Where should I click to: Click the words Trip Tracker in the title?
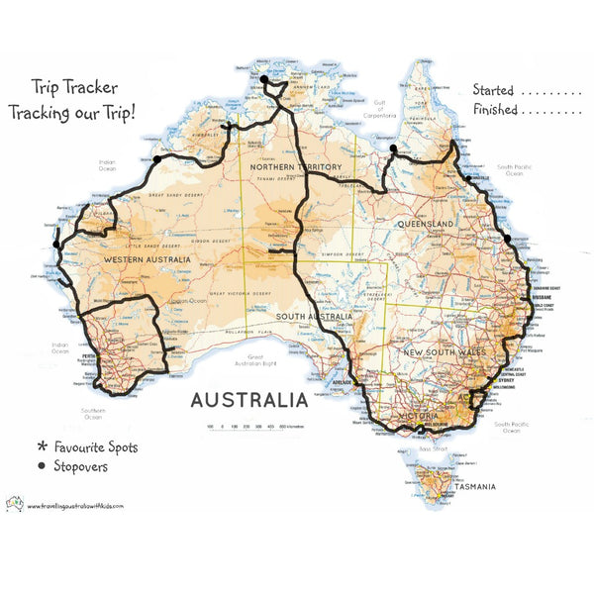click(x=73, y=86)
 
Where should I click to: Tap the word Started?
click(x=494, y=89)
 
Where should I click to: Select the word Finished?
click(x=495, y=110)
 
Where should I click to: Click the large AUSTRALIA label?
click(x=248, y=401)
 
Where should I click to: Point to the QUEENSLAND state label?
click(x=426, y=225)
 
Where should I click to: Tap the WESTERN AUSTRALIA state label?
click(x=148, y=259)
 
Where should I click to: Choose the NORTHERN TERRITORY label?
click(x=296, y=167)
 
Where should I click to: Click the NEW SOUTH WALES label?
click(x=443, y=352)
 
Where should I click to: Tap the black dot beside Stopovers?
click(x=43, y=465)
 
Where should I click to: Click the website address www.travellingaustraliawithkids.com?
click(x=75, y=505)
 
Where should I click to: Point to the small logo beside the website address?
click(x=14, y=503)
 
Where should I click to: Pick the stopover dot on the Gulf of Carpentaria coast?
click(x=393, y=149)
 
